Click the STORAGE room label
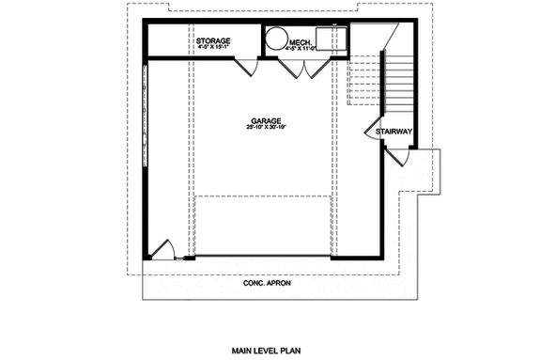[x=214, y=42]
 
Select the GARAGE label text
[x=263, y=122]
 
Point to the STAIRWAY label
[x=393, y=133]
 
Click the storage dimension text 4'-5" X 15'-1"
[x=214, y=50]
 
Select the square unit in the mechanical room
[x=330, y=39]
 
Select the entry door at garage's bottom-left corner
[x=163, y=249]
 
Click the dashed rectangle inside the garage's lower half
[x=264, y=226]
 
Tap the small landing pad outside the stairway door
[x=425, y=170]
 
